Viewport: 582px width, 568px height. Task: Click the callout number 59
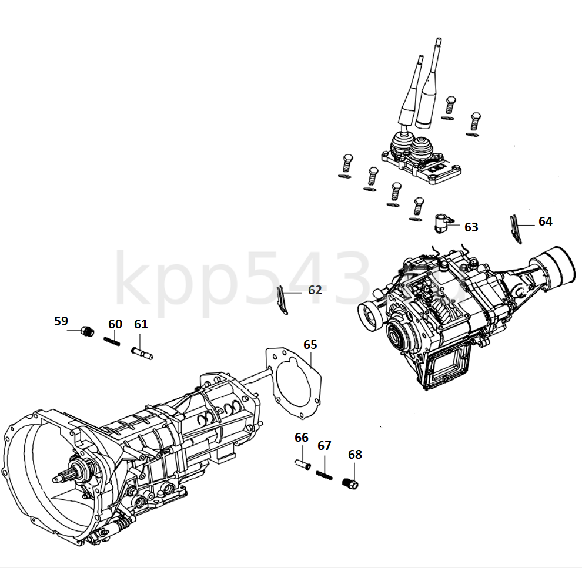(x=61, y=321)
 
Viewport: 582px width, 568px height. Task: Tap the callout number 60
(x=115, y=324)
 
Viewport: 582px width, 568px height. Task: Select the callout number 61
(x=141, y=324)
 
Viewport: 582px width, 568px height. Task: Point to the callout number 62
(x=315, y=290)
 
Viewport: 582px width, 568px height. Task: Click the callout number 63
(x=471, y=227)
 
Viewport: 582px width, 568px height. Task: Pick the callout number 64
(x=545, y=221)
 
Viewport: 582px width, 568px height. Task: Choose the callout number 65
(x=310, y=344)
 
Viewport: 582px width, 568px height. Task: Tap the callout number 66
(x=302, y=438)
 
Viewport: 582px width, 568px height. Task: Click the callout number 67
(x=325, y=446)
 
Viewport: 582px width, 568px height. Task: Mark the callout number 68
(x=355, y=454)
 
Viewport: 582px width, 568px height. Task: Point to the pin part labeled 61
(x=141, y=353)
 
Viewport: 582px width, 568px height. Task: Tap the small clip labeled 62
(x=283, y=300)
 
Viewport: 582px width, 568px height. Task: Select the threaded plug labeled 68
(x=350, y=483)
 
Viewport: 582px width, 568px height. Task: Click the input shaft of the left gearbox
(x=62, y=478)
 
